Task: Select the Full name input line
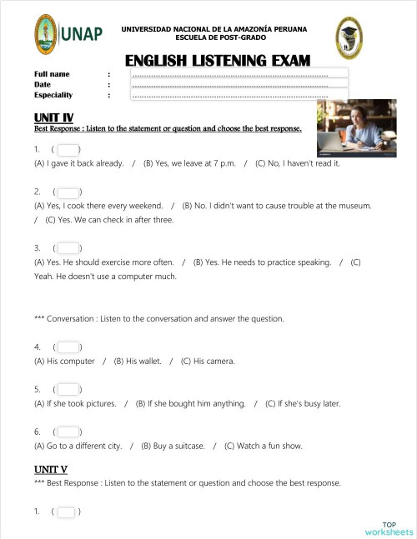[239, 74]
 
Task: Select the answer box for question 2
[68, 192]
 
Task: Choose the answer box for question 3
[68, 248]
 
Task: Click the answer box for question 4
[68, 347]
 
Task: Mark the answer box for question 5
[68, 389]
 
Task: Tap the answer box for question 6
[68, 432]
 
